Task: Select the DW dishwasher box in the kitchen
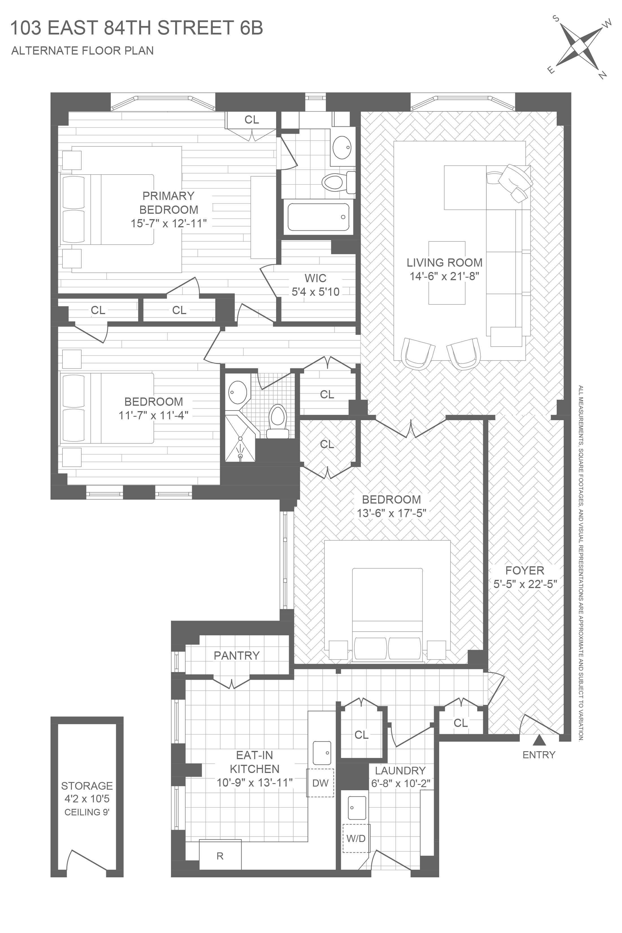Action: pos(320,783)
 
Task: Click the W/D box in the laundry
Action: pos(356,838)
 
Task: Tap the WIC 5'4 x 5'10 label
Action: pos(315,285)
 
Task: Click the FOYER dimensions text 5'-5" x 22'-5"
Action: pos(525,584)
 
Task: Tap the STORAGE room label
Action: pos(87,785)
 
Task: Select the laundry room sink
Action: pos(357,807)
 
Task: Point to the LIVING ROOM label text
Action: pos(444,262)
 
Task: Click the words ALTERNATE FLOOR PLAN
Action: pos(83,51)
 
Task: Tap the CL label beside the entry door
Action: pos(461,723)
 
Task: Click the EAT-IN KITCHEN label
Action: pos(255,762)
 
